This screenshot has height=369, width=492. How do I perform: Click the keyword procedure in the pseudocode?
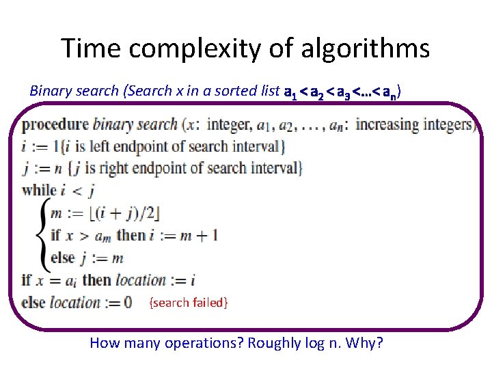[55, 125]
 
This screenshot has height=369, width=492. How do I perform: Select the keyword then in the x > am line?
[131, 236]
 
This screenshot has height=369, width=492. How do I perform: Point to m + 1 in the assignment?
[197, 236]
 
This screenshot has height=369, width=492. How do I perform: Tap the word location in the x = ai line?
[141, 280]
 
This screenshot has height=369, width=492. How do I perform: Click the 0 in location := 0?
[126, 302]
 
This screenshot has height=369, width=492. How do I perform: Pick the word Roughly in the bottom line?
[273, 343]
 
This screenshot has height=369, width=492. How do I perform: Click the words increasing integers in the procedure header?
[415, 125]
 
